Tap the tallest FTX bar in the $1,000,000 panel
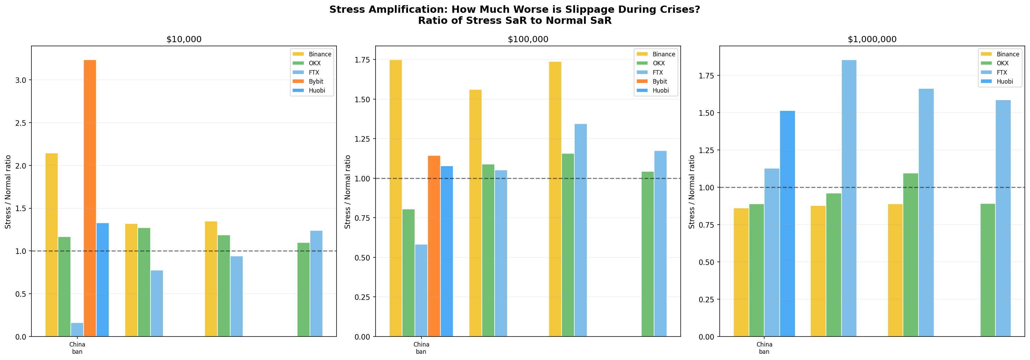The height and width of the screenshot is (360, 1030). click(x=849, y=198)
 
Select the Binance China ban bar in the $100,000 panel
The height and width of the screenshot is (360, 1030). click(x=396, y=198)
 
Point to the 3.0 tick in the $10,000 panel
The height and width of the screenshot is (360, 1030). click(x=21, y=80)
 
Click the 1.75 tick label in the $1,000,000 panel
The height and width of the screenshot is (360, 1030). click(x=707, y=76)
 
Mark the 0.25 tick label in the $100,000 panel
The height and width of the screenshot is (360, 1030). click(x=362, y=297)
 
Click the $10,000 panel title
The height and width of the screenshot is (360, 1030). click(x=184, y=39)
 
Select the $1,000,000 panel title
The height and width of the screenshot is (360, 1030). click(x=872, y=39)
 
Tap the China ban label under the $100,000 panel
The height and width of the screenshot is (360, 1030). click(x=421, y=348)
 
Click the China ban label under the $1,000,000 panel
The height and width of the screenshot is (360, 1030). click(x=764, y=348)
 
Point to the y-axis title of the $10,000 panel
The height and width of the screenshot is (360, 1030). click(x=8, y=192)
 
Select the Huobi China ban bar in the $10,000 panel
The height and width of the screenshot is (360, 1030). click(x=103, y=280)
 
